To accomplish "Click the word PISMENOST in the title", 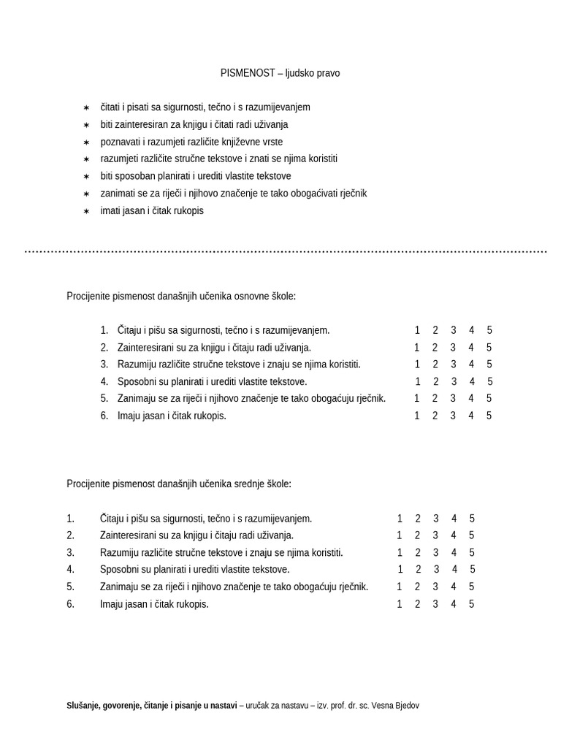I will tap(248, 73).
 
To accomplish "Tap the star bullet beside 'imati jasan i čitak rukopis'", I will tap(85, 211).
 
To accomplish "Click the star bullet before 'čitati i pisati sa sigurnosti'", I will tap(85, 107).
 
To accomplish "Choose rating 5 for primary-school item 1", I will tap(489, 330).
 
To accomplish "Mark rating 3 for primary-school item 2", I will tap(453, 348).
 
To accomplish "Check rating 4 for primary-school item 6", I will tap(471, 416).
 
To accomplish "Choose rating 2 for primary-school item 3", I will tap(435, 365).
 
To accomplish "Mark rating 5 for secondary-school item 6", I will tap(472, 604).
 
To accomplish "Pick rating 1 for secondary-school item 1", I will tap(400, 519).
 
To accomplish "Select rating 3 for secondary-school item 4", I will tap(436, 569).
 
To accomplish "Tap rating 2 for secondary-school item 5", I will tap(418, 587).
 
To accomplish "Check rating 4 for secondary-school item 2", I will tap(454, 535).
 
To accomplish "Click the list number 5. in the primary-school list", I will tap(104, 398).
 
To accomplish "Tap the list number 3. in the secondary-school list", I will tap(70, 552).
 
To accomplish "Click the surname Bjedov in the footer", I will tap(406, 706).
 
